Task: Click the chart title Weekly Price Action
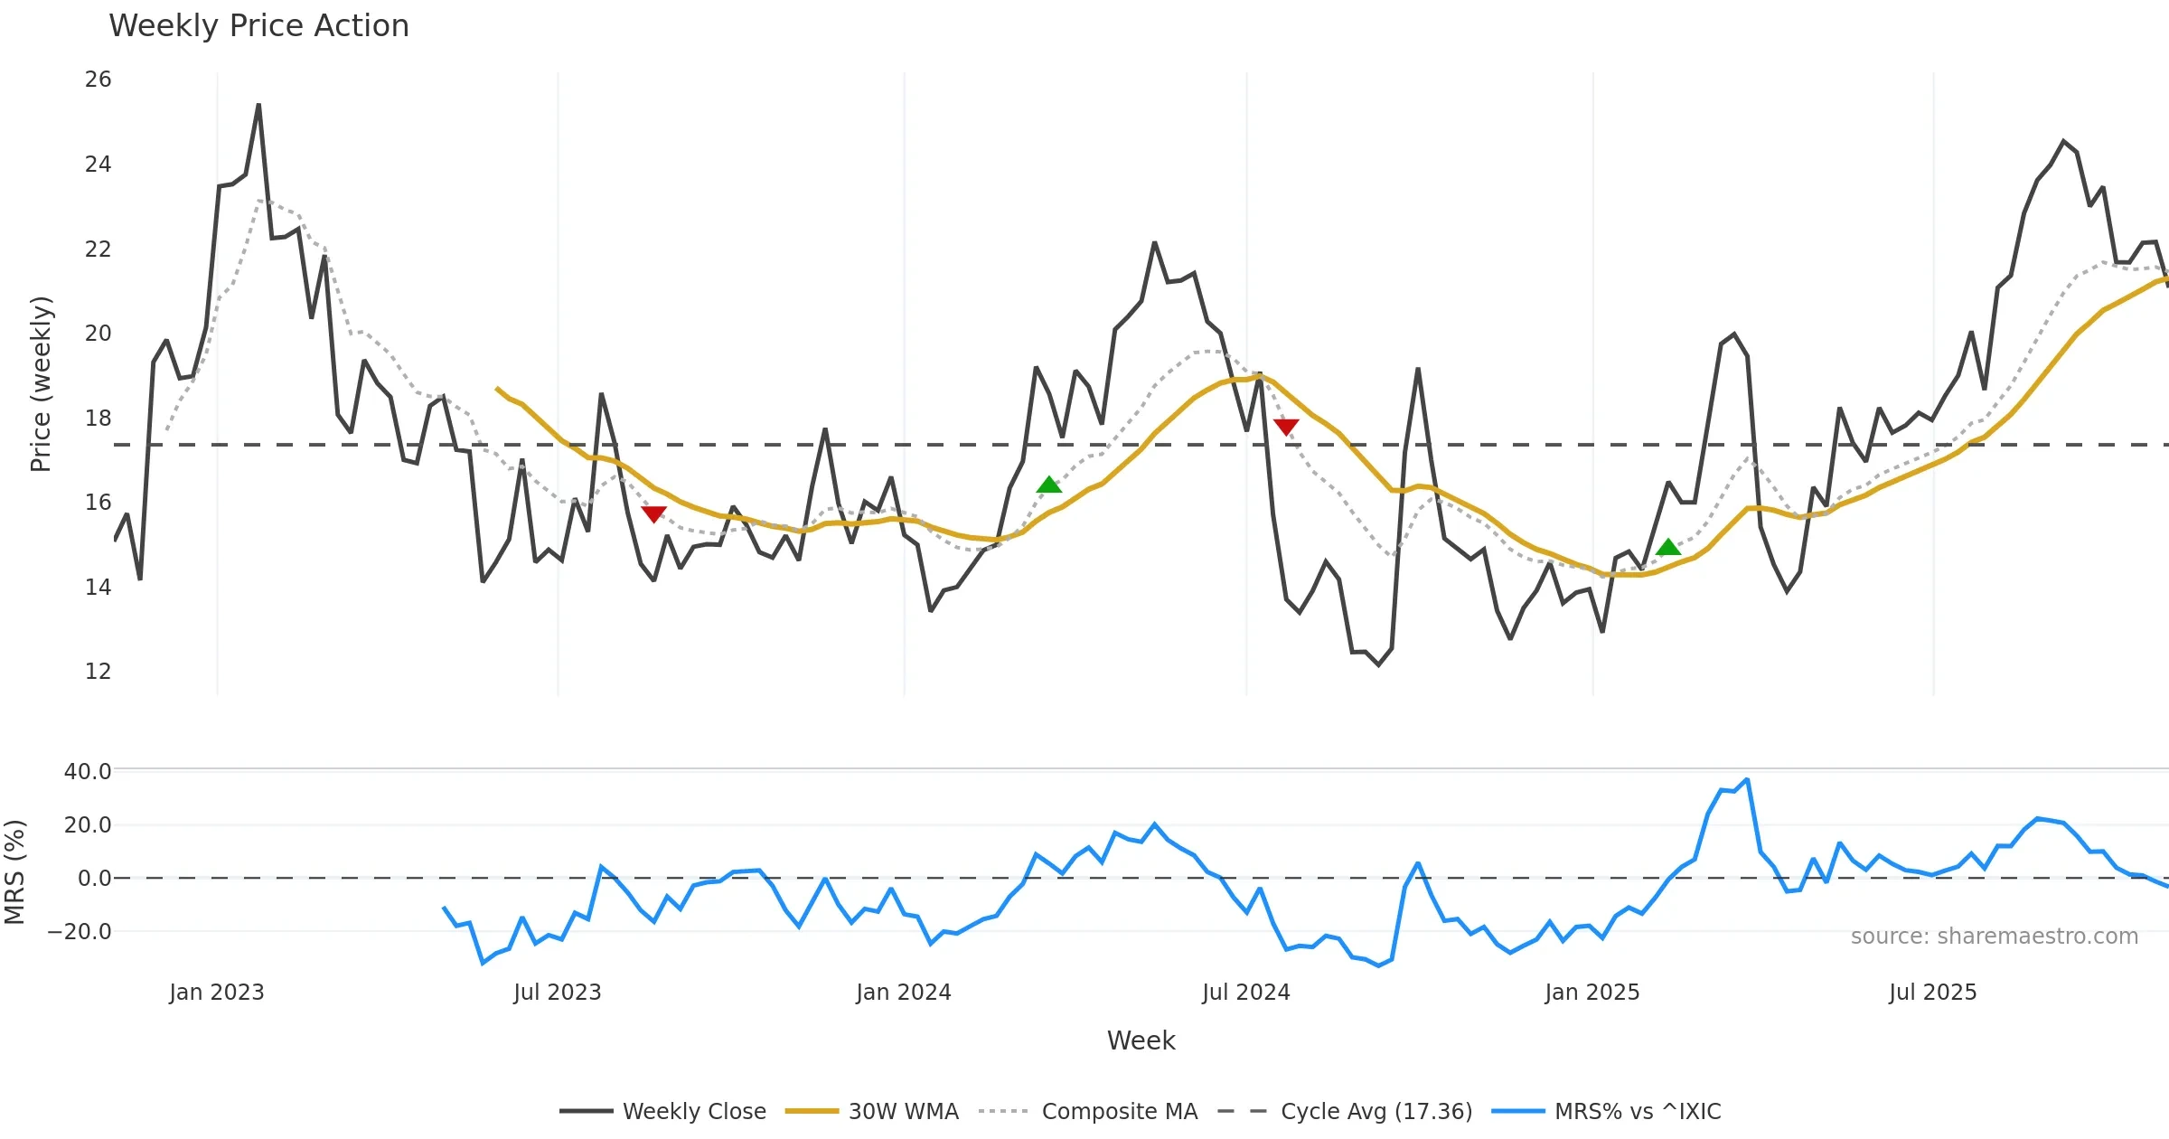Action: pos(258,26)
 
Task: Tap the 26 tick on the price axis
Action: pos(98,80)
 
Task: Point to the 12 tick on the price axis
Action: pos(98,672)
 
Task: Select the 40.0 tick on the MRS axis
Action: pos(87,772)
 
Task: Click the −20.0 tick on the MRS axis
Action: pos(80,932)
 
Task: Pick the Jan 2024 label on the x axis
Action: pos(904,993)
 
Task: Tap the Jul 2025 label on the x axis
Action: pos(1932,993)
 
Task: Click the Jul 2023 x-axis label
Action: pos(558,993)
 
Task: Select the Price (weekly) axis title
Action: pos(41,384)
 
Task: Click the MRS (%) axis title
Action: pos(14,872)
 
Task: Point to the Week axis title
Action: pos(1141,1041)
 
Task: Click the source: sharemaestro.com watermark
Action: pos(1994,937)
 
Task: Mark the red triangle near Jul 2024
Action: pos(1286,427)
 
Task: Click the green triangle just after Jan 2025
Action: pos(1668,547)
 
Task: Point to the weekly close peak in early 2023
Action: pos(258,105)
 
